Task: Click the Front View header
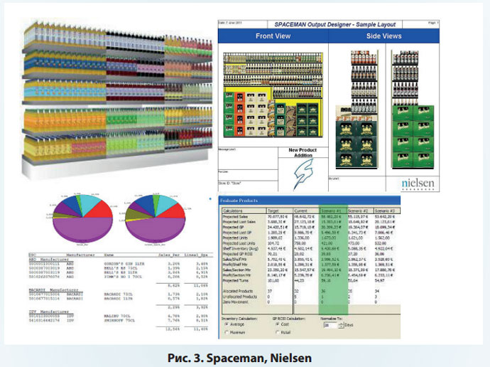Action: coord(273,36)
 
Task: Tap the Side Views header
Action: coord(384,36)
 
